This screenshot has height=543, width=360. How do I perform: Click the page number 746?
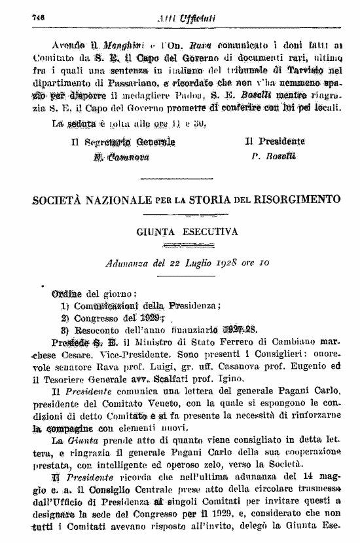point(28,19)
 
